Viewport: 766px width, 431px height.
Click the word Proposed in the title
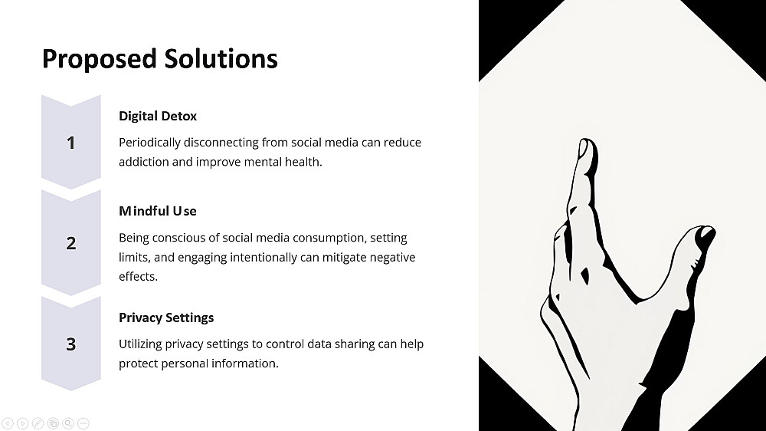99,60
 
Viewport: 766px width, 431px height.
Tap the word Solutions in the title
221,58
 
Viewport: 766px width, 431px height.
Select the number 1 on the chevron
70,143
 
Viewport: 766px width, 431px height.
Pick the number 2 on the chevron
71,243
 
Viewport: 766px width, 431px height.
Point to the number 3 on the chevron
71,344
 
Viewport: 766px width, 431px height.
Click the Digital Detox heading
158,116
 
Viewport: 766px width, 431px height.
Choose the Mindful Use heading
158,211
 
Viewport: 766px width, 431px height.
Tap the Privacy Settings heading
166,318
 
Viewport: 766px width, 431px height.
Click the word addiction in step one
144,162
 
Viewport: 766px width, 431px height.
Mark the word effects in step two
138,276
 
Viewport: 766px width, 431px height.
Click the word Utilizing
140,344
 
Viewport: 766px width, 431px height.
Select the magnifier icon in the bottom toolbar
68,423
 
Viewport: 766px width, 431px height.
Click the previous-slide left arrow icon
8,423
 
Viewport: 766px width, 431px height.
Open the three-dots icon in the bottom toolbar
83,423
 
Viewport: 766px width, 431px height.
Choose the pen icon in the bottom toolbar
38,423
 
